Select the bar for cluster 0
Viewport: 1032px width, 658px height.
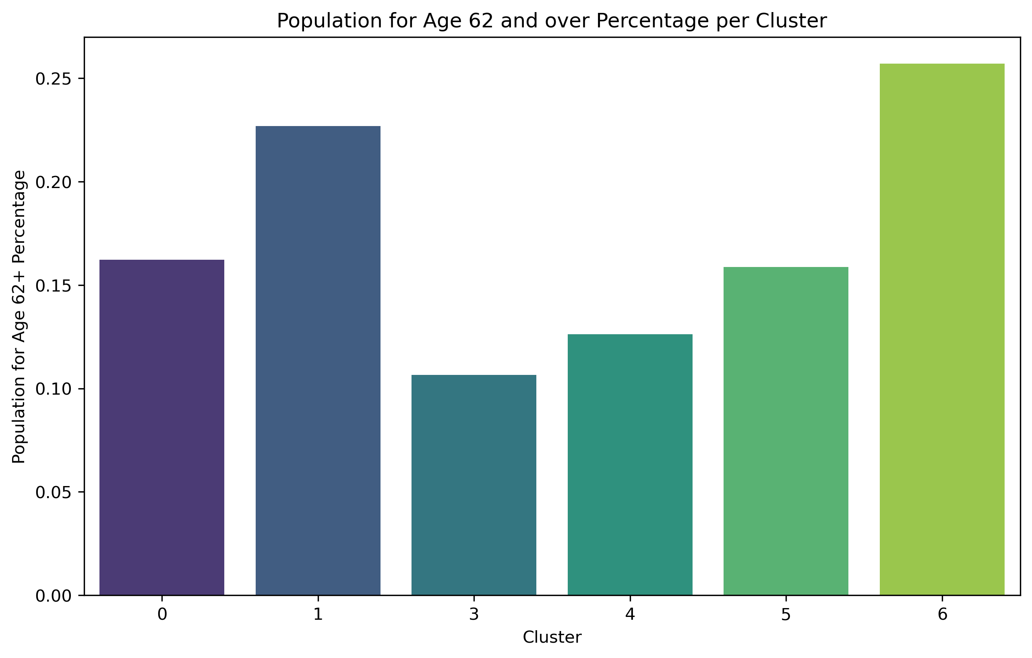click(x=161, y=427)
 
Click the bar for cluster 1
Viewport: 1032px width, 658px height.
click(x=318, y=360)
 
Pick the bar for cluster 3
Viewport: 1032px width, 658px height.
click(x=474, y=485)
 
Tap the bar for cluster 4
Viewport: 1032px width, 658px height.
click(x=630, y=465)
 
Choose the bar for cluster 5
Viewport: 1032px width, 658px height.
click(x=786, y=431)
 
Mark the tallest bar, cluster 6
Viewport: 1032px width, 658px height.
click(x=942, y=329)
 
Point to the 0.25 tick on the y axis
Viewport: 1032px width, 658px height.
click(x=53, y=79)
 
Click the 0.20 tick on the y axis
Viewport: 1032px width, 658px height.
click(x=53, y=182)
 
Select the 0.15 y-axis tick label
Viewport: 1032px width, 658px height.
click(x=53, y=286)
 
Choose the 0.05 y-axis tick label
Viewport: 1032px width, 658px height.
click(x=53, y=492)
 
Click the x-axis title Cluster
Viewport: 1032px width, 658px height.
click(x=552, y=637)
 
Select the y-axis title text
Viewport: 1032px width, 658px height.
click(x=19, y=317)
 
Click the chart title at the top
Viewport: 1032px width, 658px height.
click(x=552, y=21)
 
